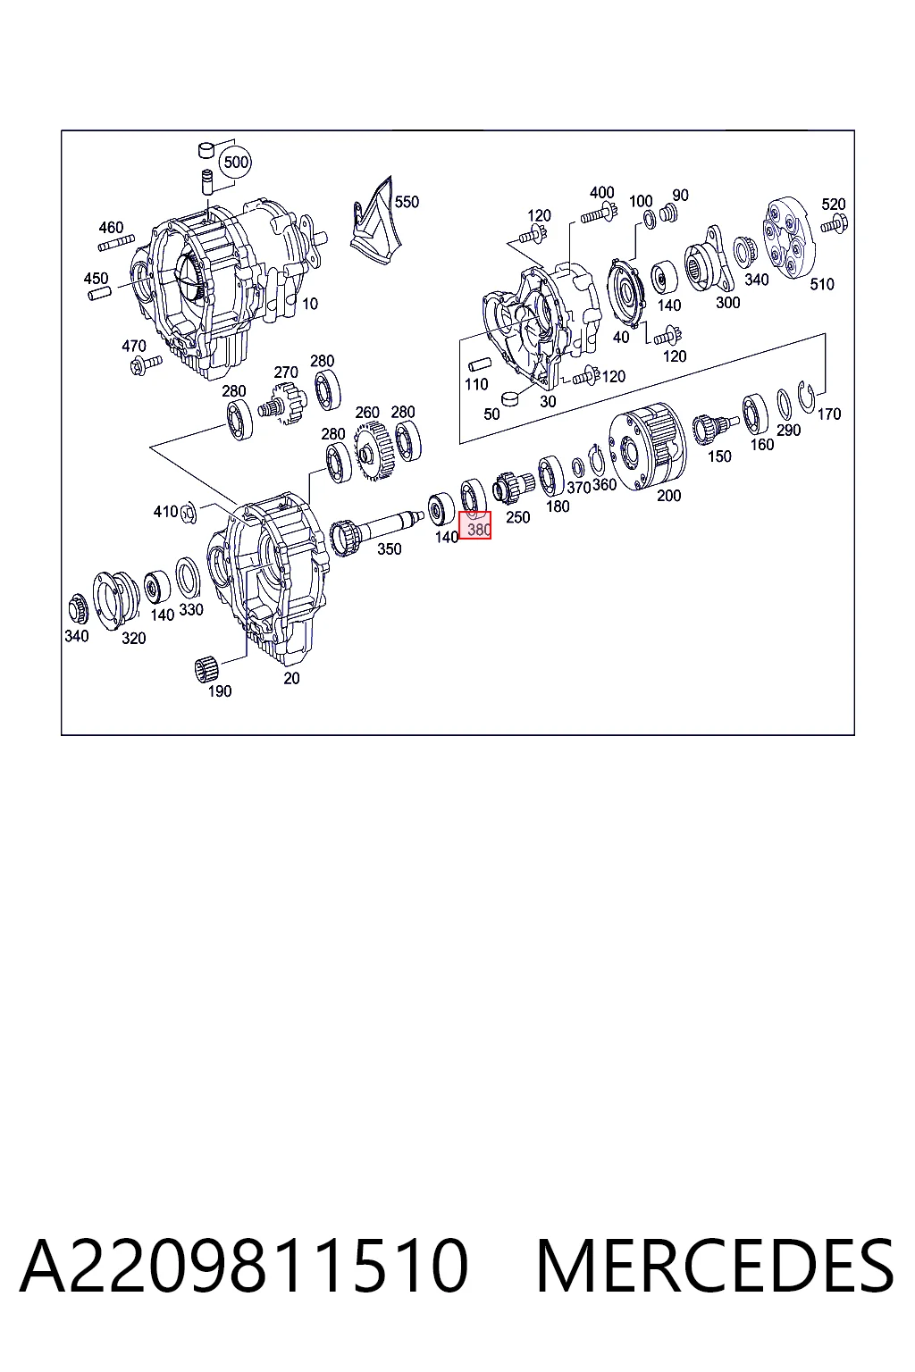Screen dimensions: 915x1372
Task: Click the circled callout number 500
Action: [x=236, y=163]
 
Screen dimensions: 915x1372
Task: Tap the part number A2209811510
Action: [x=244, y=1266]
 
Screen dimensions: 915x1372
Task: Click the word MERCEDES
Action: [x=715, y=1266]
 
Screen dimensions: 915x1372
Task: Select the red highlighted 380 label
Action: [x=475, y=525]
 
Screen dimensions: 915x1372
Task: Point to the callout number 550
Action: [x=407, y=202]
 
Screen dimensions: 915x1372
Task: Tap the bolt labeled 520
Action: [x=834, y=225]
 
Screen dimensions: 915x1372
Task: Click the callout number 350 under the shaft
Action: [x=390, y=548]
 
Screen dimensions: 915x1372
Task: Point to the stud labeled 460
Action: [x=116, y=243]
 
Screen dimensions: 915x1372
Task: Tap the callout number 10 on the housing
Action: [x=310, y=303]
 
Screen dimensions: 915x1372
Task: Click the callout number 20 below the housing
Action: [x=291, y=678]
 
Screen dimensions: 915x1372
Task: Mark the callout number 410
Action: [x=165, y=511]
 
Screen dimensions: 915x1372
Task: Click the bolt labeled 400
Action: [x=598, y=215]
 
